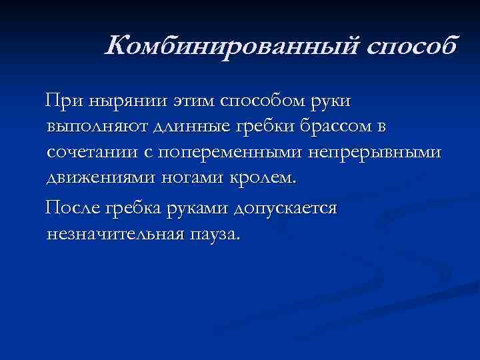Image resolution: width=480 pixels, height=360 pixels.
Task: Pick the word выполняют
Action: pyautogui.click(x=95, y=127)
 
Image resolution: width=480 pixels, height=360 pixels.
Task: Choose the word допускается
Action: pyautogui.click(x=285, y=208)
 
